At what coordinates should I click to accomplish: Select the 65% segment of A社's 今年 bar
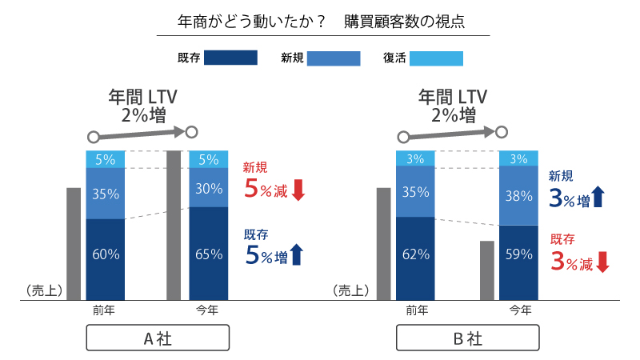[x=209, y=254]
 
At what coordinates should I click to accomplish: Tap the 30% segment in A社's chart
[x=209, y=188]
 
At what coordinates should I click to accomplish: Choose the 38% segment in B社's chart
[x=518, y=196]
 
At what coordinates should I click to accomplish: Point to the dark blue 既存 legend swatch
[x=230, y=58]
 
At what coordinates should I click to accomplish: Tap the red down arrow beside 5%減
[x=298, y=190]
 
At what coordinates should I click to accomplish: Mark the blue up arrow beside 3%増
[x=601, y=198]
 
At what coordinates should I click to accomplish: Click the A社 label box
[x=158, y=338]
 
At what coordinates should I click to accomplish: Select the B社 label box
[x=467, y=338]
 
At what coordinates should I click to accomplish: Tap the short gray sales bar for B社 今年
[x=486, y=270]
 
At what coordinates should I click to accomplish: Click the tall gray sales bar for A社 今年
[x=174, y=225]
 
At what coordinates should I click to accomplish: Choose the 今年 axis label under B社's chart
[x=518, y=310]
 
